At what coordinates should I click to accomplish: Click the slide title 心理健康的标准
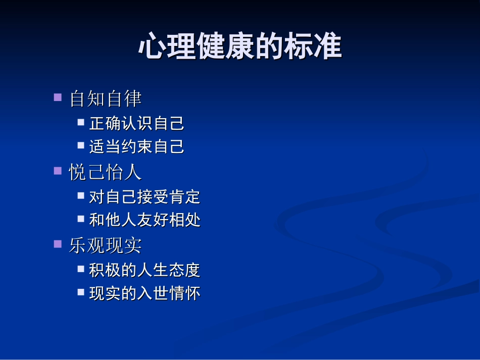(240, 46)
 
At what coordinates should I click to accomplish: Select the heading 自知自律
(105, 98)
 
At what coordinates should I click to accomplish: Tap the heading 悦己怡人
(105, 172)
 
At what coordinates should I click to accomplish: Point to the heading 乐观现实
(105, 245)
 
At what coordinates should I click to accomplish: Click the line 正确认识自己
(136, 123)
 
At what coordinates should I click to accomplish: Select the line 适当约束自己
(136, 146)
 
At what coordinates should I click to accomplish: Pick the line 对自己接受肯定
(145, 196)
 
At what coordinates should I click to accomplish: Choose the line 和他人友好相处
(145, 220)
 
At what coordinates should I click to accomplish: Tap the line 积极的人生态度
(145, 270)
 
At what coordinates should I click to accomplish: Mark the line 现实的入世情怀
(145, 293)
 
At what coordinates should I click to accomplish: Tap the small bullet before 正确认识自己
(81, 122)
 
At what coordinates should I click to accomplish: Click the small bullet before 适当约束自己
(81, 145)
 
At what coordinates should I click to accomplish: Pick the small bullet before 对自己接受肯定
(81, 195)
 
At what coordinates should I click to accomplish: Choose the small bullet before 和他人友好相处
(81, 219)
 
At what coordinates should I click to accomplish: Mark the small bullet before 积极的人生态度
(81, 269)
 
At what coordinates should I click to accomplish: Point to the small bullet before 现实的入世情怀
(81, 292)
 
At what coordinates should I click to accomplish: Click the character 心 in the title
(153, 46)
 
